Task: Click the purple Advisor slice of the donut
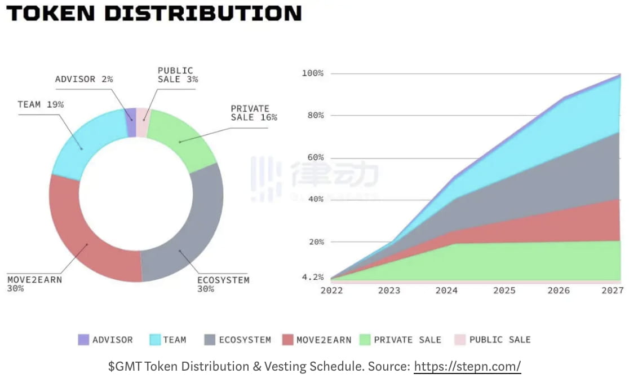click(x=131, y=115)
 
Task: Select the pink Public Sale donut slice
click(x=142, y=115)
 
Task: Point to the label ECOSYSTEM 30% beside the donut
click(x=223, y=284)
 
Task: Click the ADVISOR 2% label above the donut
click(x=84, y=79)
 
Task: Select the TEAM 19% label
click(x=41, y=104)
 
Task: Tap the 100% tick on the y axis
click(x=312, y=73)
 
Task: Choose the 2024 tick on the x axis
click(x=446, y=291)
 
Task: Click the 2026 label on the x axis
click(x=558, y=291)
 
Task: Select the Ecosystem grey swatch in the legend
click(x=209, y=340)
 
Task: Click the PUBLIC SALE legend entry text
click(x=499, y=340)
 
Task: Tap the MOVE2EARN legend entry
click(x=324, y=340)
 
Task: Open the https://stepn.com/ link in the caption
click(x=467, y=366)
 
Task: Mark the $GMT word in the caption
click(x=125, y=366)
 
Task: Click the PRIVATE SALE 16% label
click(x=254, y=113)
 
